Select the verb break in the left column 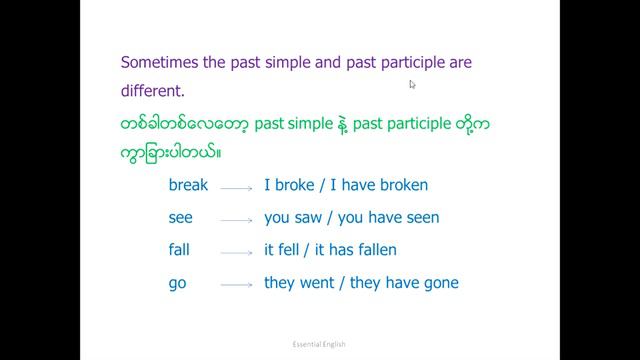tap(188, 185)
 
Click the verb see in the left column tap(181, 217)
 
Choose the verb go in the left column tap(178, 283)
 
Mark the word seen tap(421, 217)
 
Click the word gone tap(439, 283)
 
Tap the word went tap(318, 283)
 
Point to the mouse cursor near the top tap(412, 85)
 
